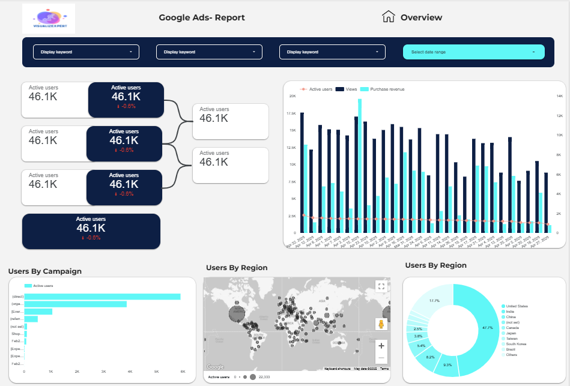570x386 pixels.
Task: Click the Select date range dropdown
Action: tap(473, 52)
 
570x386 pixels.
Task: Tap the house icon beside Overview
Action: tap(389, 17)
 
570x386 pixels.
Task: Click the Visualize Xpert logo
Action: tap(49, 18)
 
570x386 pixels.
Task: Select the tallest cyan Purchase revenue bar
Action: tap(360, 166)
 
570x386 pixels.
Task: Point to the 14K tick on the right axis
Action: tap(559, 96)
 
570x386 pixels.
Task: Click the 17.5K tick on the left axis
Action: tap(291, 113)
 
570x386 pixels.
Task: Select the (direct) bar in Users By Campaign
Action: tap(102, 297)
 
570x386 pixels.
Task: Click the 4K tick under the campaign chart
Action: tap(130, 372)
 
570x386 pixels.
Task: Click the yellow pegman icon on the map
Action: tap(381, 325)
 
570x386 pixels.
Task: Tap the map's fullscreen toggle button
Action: tap(381, 286)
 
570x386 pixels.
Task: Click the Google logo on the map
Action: tap(215, 367)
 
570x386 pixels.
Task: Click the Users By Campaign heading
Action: tap(45, 271)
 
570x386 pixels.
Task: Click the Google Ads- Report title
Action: tap(202, 17)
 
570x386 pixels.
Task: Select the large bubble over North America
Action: tap(238, 312)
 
